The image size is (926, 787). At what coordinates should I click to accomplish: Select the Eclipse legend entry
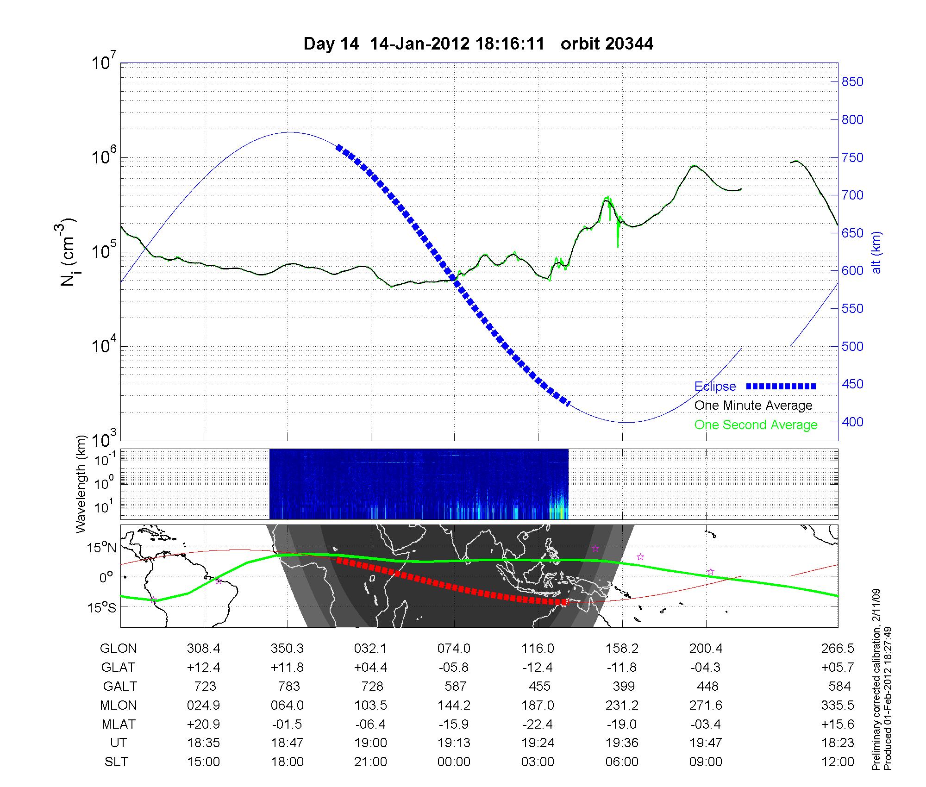coord(715,386)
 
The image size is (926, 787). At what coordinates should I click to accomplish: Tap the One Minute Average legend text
coord(753,406)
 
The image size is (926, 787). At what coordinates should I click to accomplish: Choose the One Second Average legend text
coord(756,425)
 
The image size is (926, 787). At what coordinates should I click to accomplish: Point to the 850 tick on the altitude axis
coord(852,82)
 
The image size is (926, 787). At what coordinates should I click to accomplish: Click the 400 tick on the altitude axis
coord(852,422)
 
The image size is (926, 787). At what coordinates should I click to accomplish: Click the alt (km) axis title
coord(876,252)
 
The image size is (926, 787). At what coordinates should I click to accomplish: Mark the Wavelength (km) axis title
coord(81,484)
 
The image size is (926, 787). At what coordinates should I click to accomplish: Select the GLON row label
coord(118,649)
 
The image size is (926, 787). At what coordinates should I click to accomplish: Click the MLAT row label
coord(118,724)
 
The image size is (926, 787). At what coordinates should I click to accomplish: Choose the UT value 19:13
coord(454,743)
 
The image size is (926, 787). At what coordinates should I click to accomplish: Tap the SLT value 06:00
coord(622,762)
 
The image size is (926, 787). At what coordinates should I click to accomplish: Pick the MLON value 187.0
coord(538,705)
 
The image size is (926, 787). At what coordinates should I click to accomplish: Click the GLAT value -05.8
coord(454,668)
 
